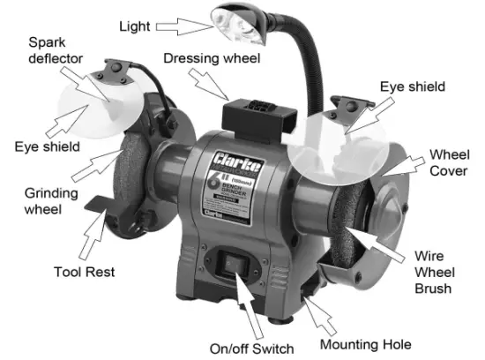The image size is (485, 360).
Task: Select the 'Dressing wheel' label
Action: point(211,58)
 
